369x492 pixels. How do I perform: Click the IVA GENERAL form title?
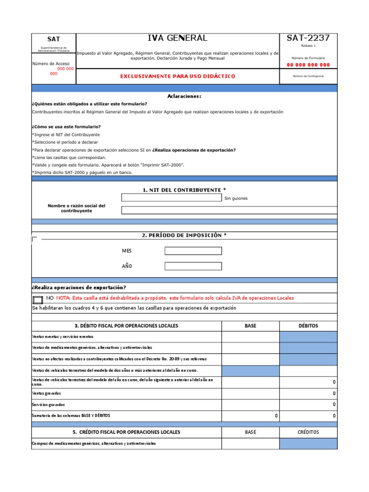tap(178, 38)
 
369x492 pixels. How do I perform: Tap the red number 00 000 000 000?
tap(308, 65)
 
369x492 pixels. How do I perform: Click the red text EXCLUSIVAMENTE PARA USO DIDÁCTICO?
tap(177, 76)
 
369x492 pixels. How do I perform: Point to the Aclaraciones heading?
tap(184, 96)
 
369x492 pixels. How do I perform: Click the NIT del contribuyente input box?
tap(172, 197)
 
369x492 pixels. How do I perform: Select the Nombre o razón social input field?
tap(229, 210)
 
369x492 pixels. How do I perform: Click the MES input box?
tap(193, 251)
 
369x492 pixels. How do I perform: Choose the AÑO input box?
tap(193, 266)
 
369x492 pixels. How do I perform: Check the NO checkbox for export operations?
tap(38, 299)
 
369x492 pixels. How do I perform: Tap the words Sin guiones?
tap(236, 198)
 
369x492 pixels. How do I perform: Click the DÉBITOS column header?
tap(308, 326)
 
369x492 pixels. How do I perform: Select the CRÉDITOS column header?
tap(308, 432)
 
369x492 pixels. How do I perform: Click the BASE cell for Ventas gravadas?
tap(250, 393)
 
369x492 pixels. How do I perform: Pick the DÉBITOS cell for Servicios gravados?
tap(308, 405)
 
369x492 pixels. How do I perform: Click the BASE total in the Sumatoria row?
tap(250, 416)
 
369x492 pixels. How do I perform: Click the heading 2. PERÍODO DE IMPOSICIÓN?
tap(184, 235)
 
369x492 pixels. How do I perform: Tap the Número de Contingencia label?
tap(308, 76)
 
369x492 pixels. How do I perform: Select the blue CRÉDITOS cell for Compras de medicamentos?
tap(308, 443)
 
